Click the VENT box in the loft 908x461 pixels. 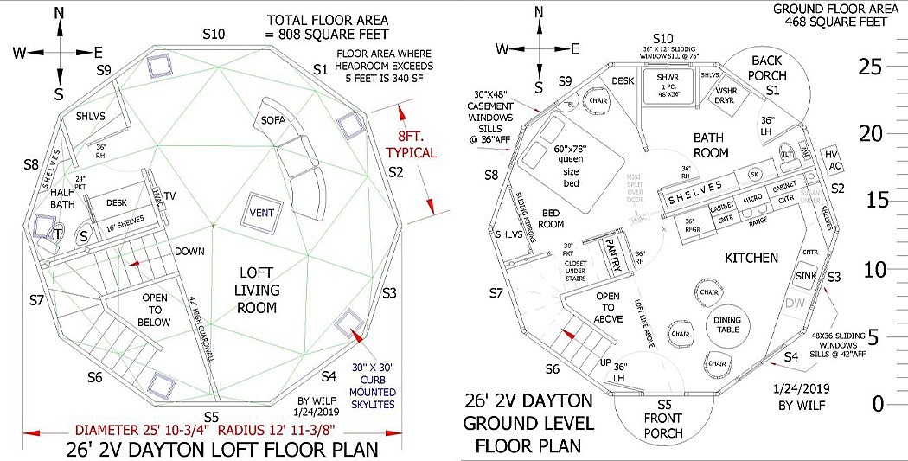264,213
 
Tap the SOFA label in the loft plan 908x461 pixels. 273,119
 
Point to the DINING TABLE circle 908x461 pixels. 726,326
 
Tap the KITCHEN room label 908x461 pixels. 751,258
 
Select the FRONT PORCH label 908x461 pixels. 664,419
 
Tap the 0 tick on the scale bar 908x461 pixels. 878,404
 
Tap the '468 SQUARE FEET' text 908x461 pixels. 838,23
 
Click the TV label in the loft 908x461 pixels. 169,197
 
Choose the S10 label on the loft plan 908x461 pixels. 214,34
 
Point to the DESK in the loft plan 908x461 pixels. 118,202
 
